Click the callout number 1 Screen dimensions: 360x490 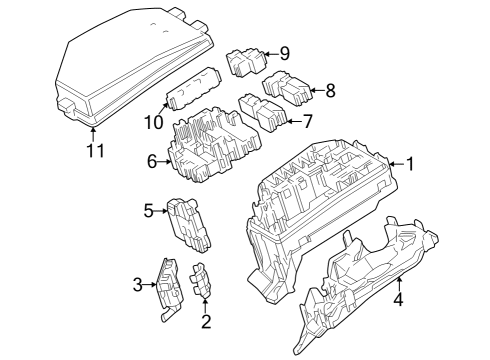[x=409, y=164]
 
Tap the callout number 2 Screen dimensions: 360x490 [x=206, y=321]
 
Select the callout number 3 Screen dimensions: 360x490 [x=138, y=285]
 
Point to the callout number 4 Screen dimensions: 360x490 [x=397, y=299]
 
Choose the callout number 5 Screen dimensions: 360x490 [x=148, y=210]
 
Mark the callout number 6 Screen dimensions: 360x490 [x=153, y=160]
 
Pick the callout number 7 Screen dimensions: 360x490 [x=308, y=122]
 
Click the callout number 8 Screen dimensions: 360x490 [x=331, y=91]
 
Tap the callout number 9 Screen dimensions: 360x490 [x=284, y=52]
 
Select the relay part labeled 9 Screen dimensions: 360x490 [x=247, y=62]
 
